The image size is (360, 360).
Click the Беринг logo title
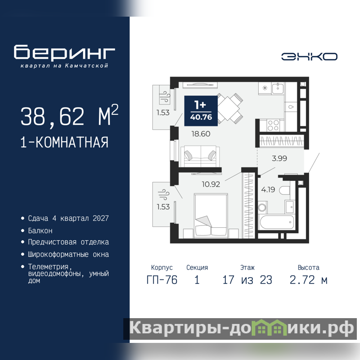coord(64,53)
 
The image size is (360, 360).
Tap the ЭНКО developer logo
coord(309,57)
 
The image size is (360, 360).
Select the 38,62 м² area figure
coord(69,116)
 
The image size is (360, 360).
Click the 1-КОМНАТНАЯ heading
coord(64,142)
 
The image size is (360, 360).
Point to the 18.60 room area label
coord(201,134)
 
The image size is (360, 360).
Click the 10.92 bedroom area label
coord(211,184)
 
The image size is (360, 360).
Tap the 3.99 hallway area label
coord(279,158)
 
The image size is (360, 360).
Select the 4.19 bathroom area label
coord(268,189)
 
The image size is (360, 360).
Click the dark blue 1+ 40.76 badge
coord(201,111)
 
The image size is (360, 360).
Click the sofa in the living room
coord(200,156)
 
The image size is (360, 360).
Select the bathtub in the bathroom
coord(277,222)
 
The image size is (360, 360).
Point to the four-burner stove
coord(273,126)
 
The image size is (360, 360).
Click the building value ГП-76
coord(162,280)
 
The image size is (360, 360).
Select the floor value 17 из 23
coord(247,280)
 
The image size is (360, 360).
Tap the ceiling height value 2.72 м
coord(308,280)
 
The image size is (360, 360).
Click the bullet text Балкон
coord(40,230)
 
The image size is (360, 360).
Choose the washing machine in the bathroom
coord(262,207)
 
